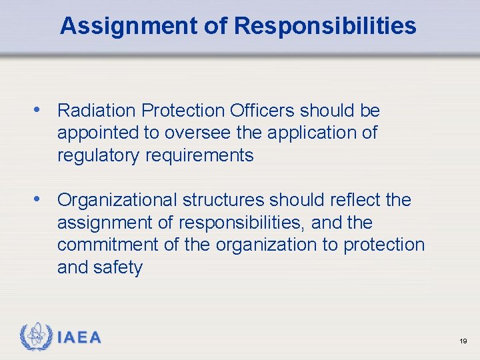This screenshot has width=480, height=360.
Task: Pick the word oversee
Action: click(197, 133)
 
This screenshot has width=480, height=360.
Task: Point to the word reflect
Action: click(351, 199)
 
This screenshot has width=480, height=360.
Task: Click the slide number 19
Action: click(463, 341)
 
